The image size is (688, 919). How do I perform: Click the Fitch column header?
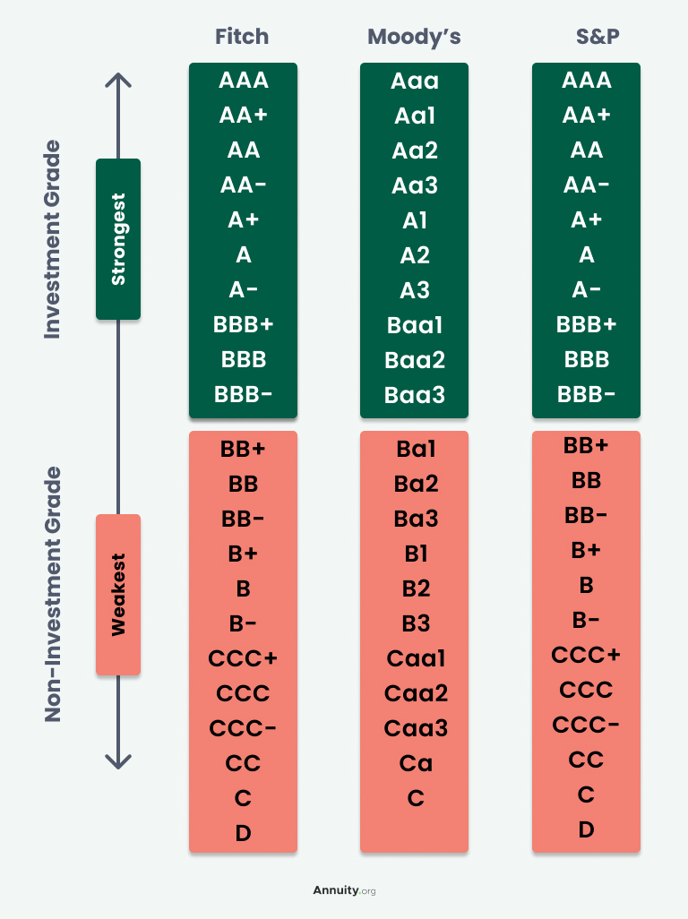[x=242, y=37]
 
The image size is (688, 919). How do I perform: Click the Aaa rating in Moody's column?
[x=414, y=81]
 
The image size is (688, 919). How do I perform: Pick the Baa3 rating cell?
[x=414, y=395]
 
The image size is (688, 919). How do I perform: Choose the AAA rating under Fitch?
[x=243, y=81]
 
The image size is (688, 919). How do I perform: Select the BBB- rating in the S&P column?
[x=586, y=394]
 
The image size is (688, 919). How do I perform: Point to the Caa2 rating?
[x=415, y=693]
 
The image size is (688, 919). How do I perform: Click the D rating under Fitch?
[x=243, y=834]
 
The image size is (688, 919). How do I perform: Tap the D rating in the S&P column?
[x=586, y=830]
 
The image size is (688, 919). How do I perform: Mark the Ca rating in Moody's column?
[x=415, y=763]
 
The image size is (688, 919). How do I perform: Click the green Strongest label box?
[x=118, y=239]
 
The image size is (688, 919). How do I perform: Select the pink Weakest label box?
[x=118, y=595]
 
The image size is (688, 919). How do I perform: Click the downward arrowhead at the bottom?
[x=118, y=760]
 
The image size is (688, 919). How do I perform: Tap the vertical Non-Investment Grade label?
[x=54, y=594]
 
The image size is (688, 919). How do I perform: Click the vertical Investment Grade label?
[x=54, y=239]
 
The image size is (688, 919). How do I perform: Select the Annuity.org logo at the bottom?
[x=344, y=890]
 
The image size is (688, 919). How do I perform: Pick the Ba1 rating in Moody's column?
[x=415, y=450]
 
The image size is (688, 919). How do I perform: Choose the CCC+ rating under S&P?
[x=586, y=655]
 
